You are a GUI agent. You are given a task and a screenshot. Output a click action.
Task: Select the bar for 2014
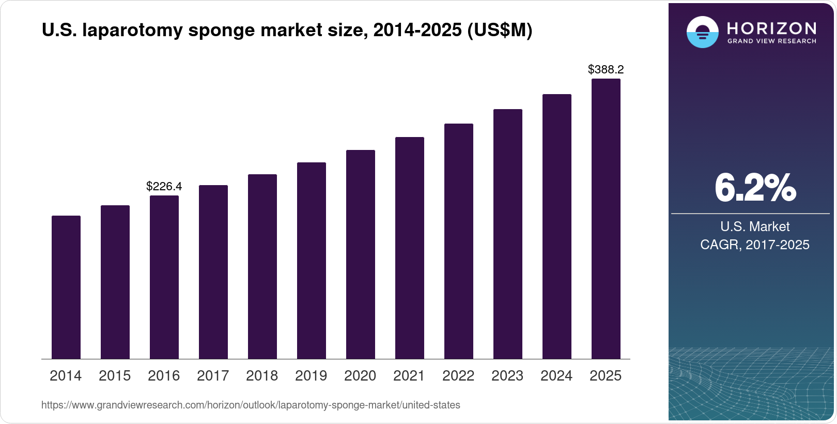[66, 287]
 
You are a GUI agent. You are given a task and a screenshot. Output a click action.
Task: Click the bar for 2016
[164, 277]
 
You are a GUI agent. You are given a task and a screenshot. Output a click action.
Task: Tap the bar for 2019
[312, 261]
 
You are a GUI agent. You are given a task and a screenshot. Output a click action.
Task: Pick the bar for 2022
[459, 241]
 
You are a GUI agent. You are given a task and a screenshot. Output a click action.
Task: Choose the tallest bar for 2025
[606, 219]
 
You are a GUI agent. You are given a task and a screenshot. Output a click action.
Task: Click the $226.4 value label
[164, 186]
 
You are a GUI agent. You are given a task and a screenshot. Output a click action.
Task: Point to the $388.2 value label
[606, 69]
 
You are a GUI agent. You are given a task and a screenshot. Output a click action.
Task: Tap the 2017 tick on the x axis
[213, 375]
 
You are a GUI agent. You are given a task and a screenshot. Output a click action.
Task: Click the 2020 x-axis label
[360, 375]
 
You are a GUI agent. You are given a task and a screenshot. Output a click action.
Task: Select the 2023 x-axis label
[507, 375]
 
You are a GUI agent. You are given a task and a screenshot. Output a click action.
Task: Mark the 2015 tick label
[115, 375]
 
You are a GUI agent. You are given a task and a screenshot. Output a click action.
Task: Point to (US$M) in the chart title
[500, 31]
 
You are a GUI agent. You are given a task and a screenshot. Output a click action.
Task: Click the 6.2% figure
[755, 188]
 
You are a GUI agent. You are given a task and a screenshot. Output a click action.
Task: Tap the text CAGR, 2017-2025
[755, 245]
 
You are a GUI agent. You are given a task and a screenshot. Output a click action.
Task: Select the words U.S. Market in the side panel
[755, 226]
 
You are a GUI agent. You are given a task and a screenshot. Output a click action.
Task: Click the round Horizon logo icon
[702, 32]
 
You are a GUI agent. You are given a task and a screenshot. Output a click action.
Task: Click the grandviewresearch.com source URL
[251, 405]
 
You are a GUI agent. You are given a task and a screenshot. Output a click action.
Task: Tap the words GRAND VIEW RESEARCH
[772, 41]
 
